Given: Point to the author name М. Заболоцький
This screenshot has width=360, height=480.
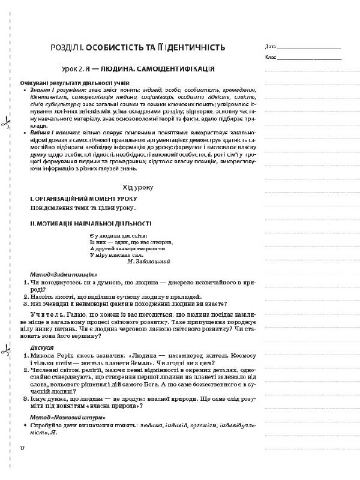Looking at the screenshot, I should tap(151, 262).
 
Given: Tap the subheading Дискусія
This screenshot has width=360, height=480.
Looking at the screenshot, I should tap(41, 347).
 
